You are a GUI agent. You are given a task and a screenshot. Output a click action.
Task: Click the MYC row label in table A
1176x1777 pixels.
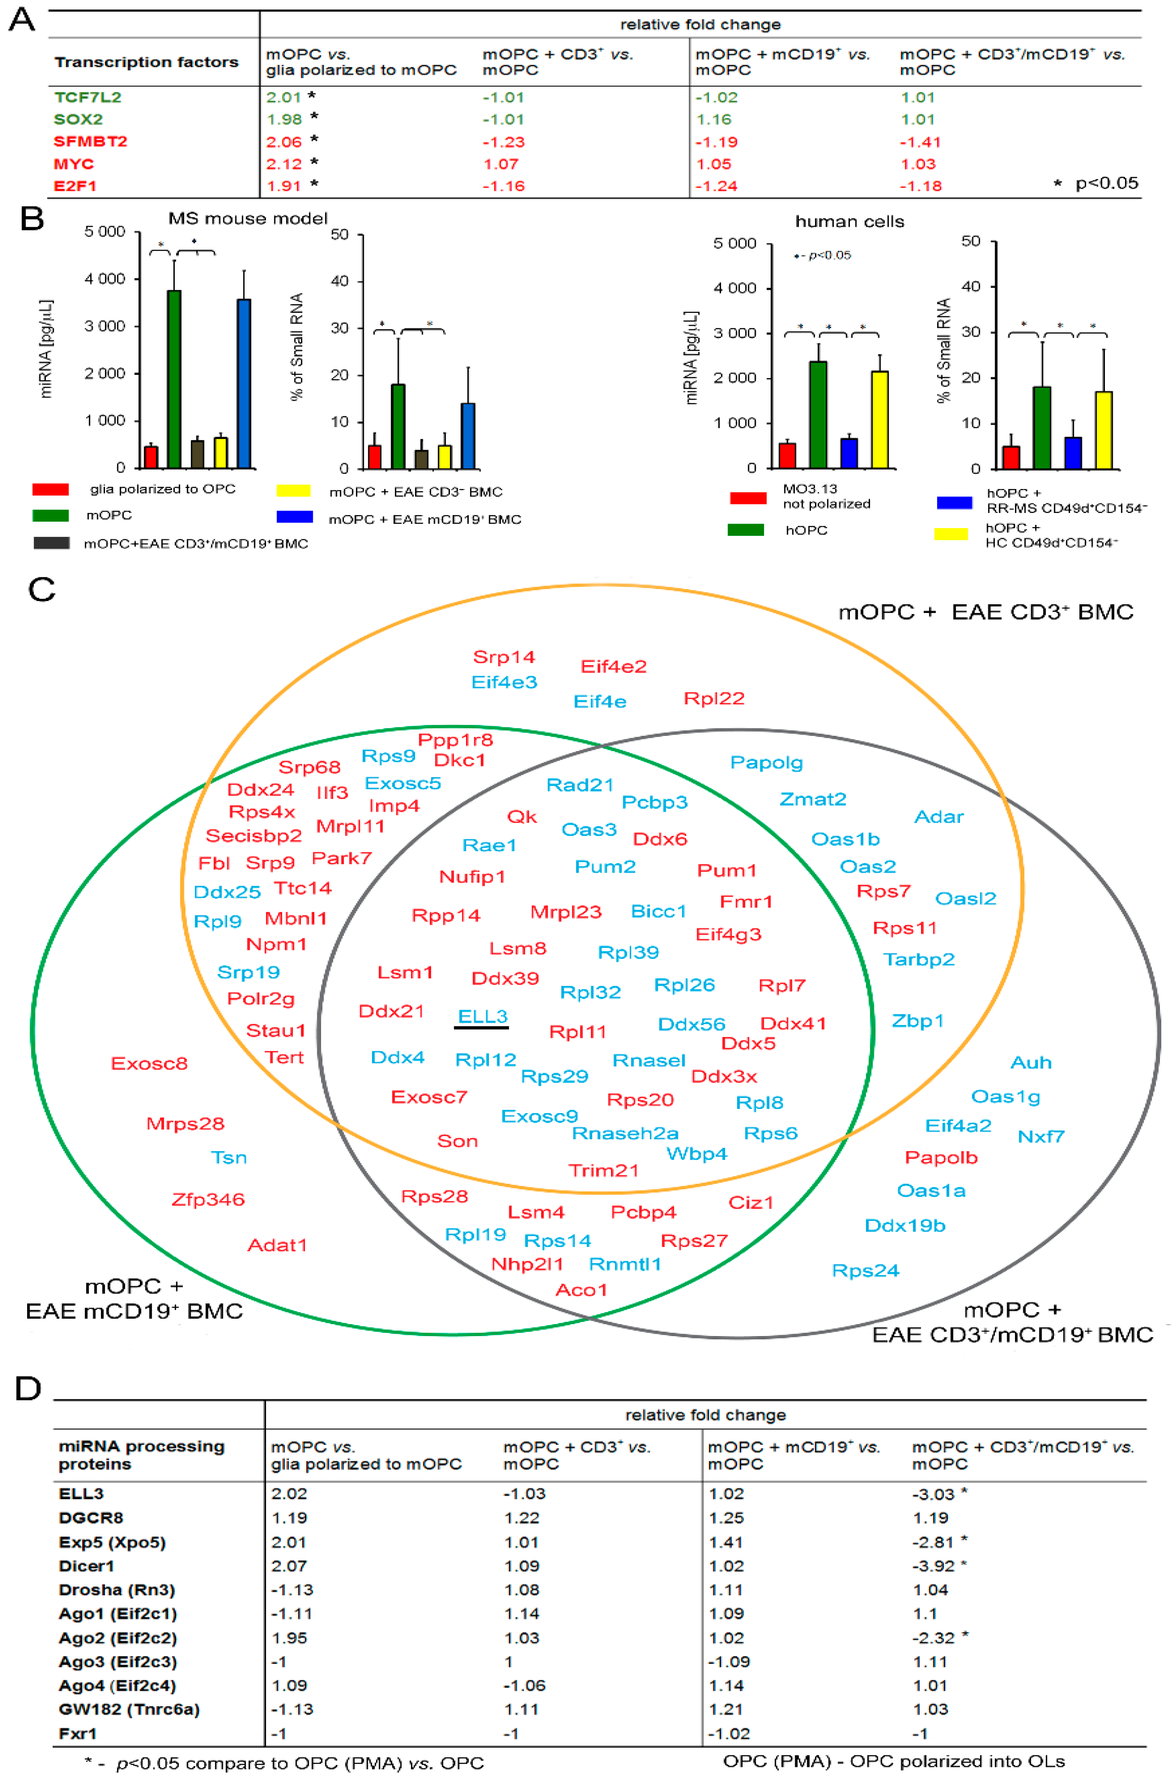(73, 163)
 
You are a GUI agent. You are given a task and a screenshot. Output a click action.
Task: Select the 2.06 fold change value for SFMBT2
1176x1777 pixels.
(283, 142)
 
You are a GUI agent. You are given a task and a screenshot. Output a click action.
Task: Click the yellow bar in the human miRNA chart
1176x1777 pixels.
(880, 420)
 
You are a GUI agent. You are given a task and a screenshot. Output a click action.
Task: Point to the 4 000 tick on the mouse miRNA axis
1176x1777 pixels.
(105, 279)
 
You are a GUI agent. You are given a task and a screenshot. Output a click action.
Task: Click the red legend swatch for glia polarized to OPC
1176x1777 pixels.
(50, 490)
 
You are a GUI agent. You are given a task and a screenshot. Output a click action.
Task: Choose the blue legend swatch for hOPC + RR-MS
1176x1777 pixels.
(954, 502)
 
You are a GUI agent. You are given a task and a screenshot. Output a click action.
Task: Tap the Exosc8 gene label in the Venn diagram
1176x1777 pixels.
(149, 1064)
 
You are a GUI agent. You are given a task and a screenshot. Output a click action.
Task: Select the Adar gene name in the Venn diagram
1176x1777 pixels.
(938, 817)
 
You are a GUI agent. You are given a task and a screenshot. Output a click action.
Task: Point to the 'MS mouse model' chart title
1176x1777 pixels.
(248, 219)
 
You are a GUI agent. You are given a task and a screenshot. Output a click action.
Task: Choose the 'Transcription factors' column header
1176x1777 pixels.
(146, 62)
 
